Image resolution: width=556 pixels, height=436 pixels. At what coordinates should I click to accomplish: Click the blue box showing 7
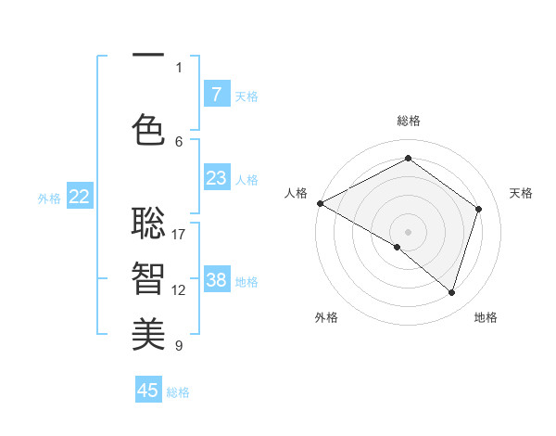[216, 94]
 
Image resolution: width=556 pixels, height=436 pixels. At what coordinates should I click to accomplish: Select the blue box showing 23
[216, 177]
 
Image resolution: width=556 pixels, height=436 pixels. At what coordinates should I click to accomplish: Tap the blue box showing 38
[216, 279]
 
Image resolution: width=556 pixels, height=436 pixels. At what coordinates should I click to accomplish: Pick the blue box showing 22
[80, 196]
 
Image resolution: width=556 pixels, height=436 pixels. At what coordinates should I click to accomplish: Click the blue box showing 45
[148, 391]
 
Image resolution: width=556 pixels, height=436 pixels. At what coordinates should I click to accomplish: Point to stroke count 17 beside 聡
[179, 234]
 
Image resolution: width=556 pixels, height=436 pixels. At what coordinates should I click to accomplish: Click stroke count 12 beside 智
[179, 289]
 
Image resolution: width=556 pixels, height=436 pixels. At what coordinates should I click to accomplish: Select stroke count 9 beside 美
[179, 345]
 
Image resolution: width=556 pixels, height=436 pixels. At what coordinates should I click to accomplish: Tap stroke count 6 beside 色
[179, 141]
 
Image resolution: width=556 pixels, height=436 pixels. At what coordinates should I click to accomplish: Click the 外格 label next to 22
[49, 198]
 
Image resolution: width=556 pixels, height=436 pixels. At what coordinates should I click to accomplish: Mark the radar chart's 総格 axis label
[408, 121]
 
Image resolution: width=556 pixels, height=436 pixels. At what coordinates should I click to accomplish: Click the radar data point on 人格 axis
[320, 203]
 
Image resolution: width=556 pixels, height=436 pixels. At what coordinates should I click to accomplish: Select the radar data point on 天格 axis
[479, 209]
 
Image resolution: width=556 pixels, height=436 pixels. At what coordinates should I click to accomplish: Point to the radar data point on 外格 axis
[398, 247]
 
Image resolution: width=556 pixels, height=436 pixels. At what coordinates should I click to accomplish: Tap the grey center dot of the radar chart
[408, 231]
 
